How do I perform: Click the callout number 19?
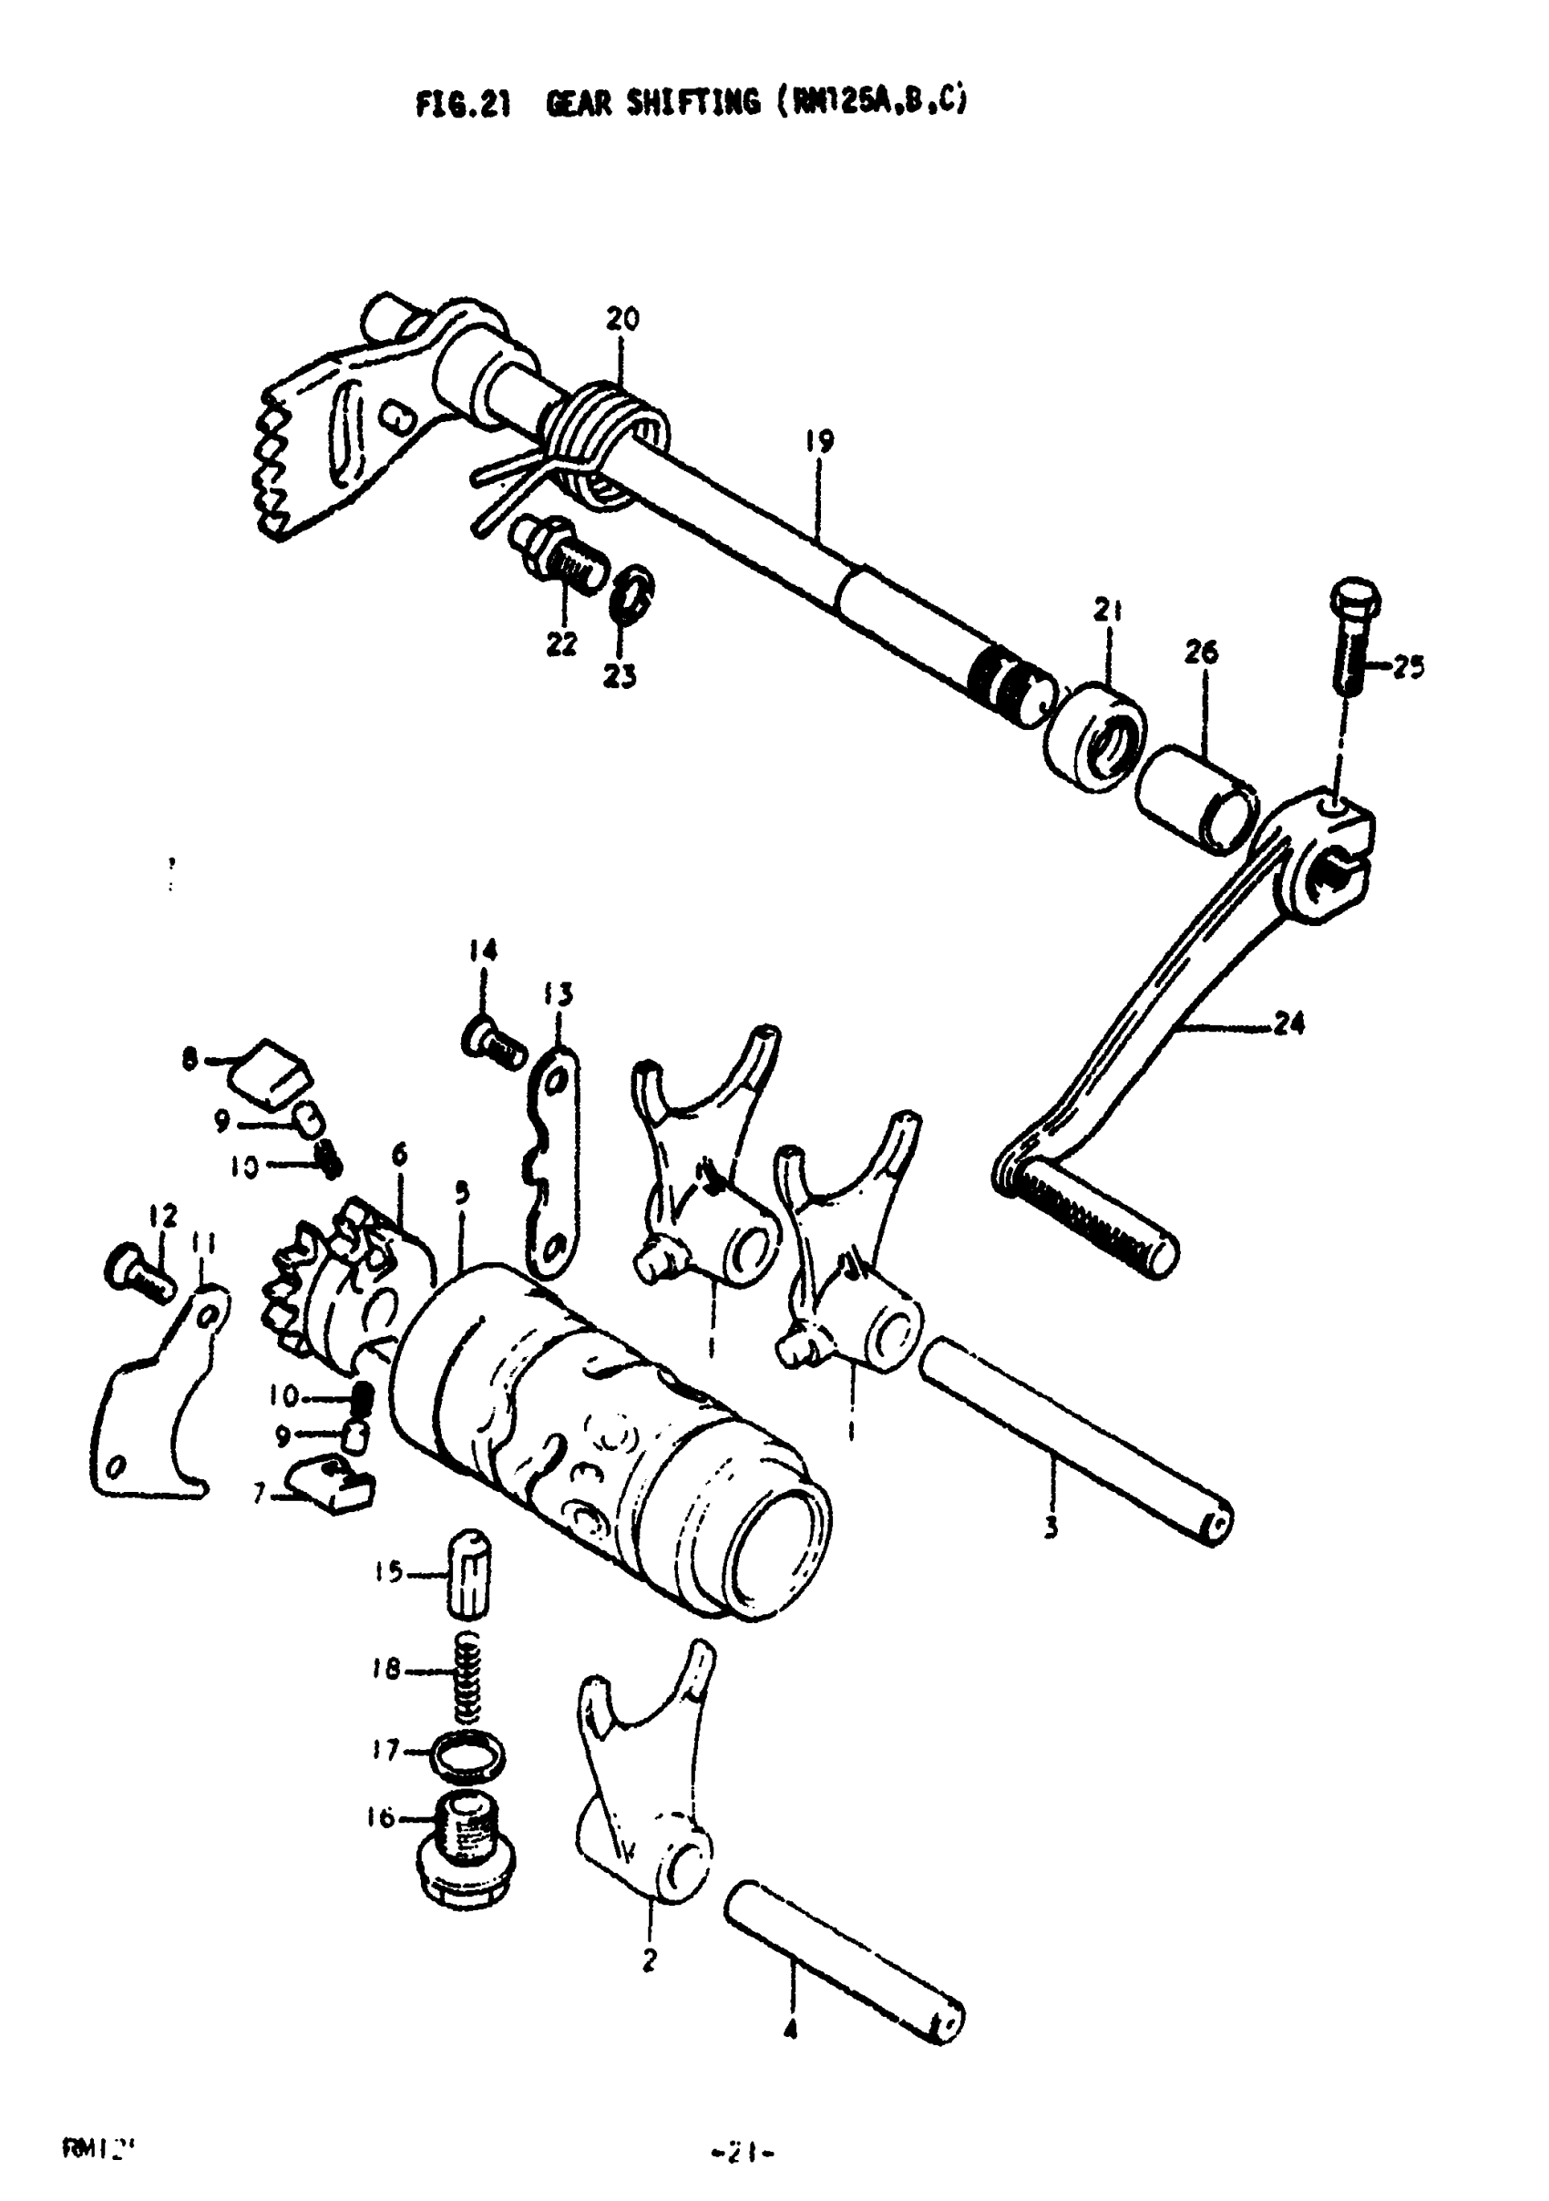tap(818, 442)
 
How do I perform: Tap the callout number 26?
tap(1200, 653)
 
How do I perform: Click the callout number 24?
tap(1290, 1024)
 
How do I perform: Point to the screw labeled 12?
tap(135, 1270)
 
